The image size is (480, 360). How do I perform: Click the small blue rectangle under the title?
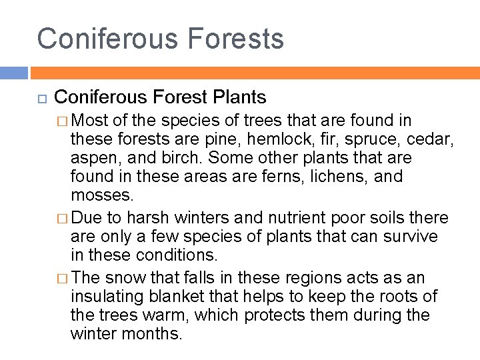(13, 73)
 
